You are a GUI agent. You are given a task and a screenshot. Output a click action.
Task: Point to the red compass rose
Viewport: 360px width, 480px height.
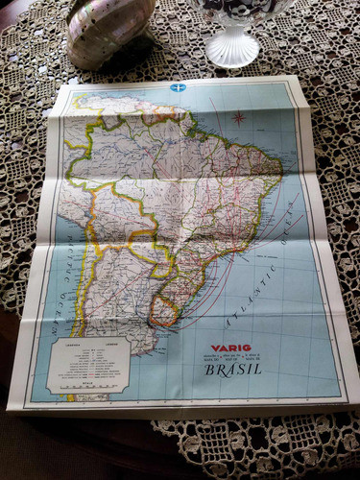click(237, 118)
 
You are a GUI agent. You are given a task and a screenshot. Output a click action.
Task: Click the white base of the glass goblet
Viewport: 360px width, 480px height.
click(233, 48)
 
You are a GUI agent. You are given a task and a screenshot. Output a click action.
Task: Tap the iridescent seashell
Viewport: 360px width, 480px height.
click(108, 29)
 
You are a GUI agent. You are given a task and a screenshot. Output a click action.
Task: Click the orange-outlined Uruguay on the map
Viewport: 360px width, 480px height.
click(165, 309)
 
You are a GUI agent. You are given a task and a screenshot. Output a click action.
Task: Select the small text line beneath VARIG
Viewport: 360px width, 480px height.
click(233, 358)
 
